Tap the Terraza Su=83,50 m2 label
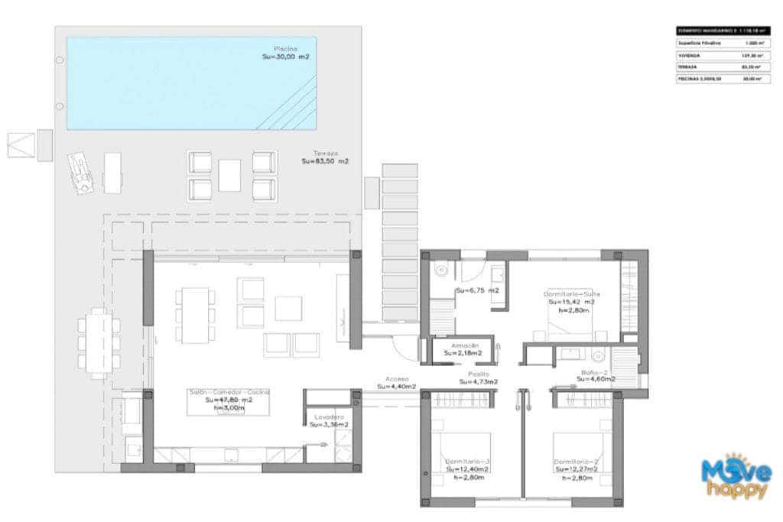click(325, 157)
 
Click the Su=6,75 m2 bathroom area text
click(477, 291)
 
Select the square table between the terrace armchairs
click(229, 175)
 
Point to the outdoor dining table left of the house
click(99, 342)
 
